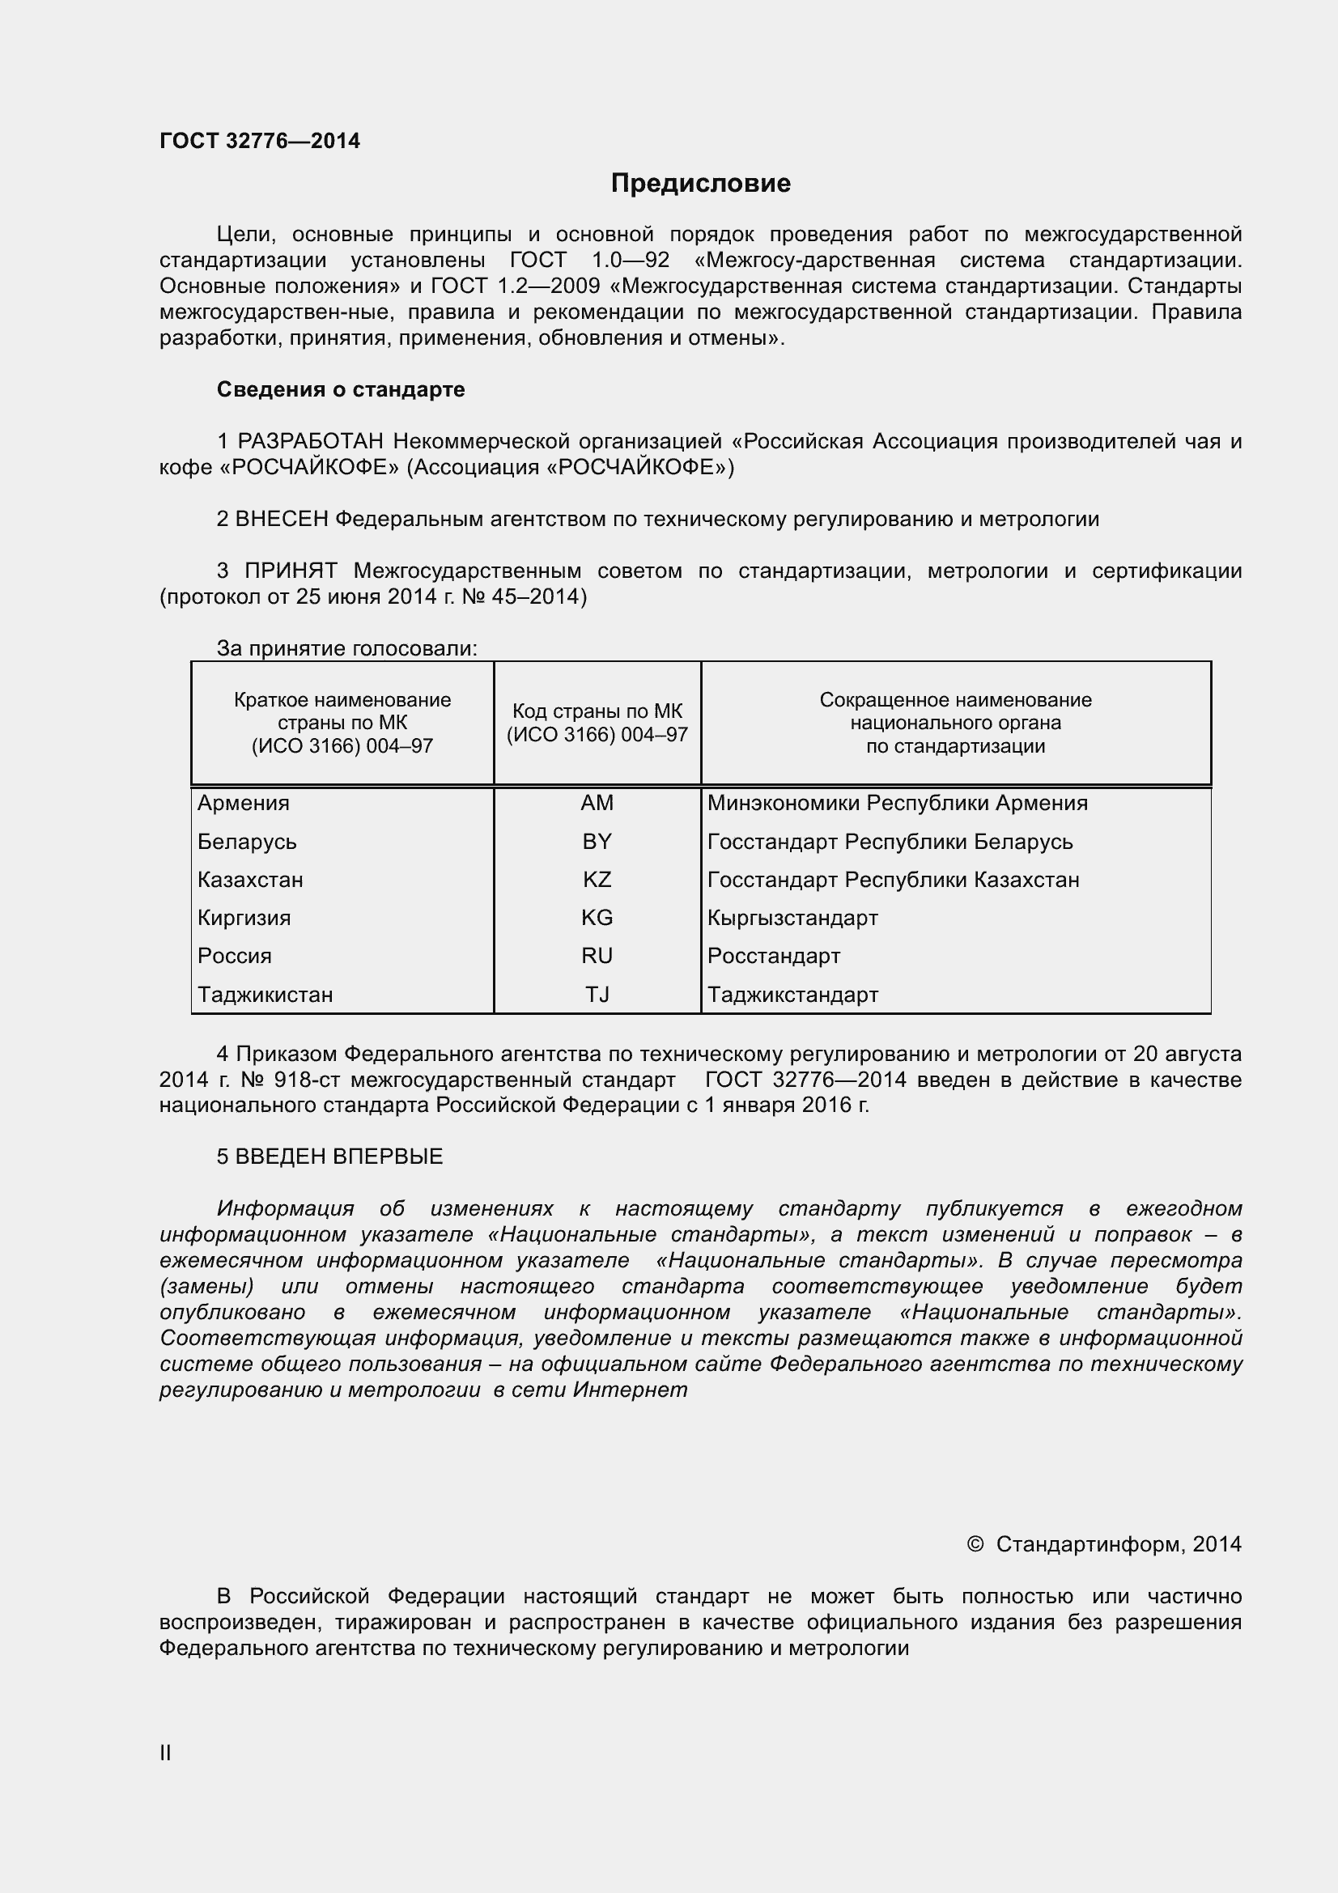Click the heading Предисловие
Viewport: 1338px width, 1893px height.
click(x=700, y=183)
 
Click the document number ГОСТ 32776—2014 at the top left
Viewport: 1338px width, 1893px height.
click(x=260, y=141)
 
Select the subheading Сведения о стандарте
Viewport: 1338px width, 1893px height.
click(x=341, y=389)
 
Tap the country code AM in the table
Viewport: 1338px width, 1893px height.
click(x=597, y=803)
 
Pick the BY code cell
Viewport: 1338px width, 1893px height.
click(x=597, y=842)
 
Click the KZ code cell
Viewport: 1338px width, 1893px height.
click(x=597, y=880)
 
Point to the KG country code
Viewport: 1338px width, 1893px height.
click(x=597, y=918)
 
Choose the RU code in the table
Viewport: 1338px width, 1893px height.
click(x=597, y=956)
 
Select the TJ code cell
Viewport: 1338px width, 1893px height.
click(x=597, y=995)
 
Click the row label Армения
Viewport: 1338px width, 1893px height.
click(x=243, y=803)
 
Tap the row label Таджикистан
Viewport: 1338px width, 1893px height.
click(x=265, y=995)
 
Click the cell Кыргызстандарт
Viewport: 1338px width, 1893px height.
click(x=792, y=918)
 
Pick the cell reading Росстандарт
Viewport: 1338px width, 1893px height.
click(x=773, y=956)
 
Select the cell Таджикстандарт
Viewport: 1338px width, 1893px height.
click(x=792, y=995)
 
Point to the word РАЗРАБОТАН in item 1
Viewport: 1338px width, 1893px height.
click(x=311, y=442)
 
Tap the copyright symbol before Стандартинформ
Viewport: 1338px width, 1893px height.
click(x=975, y=1543)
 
